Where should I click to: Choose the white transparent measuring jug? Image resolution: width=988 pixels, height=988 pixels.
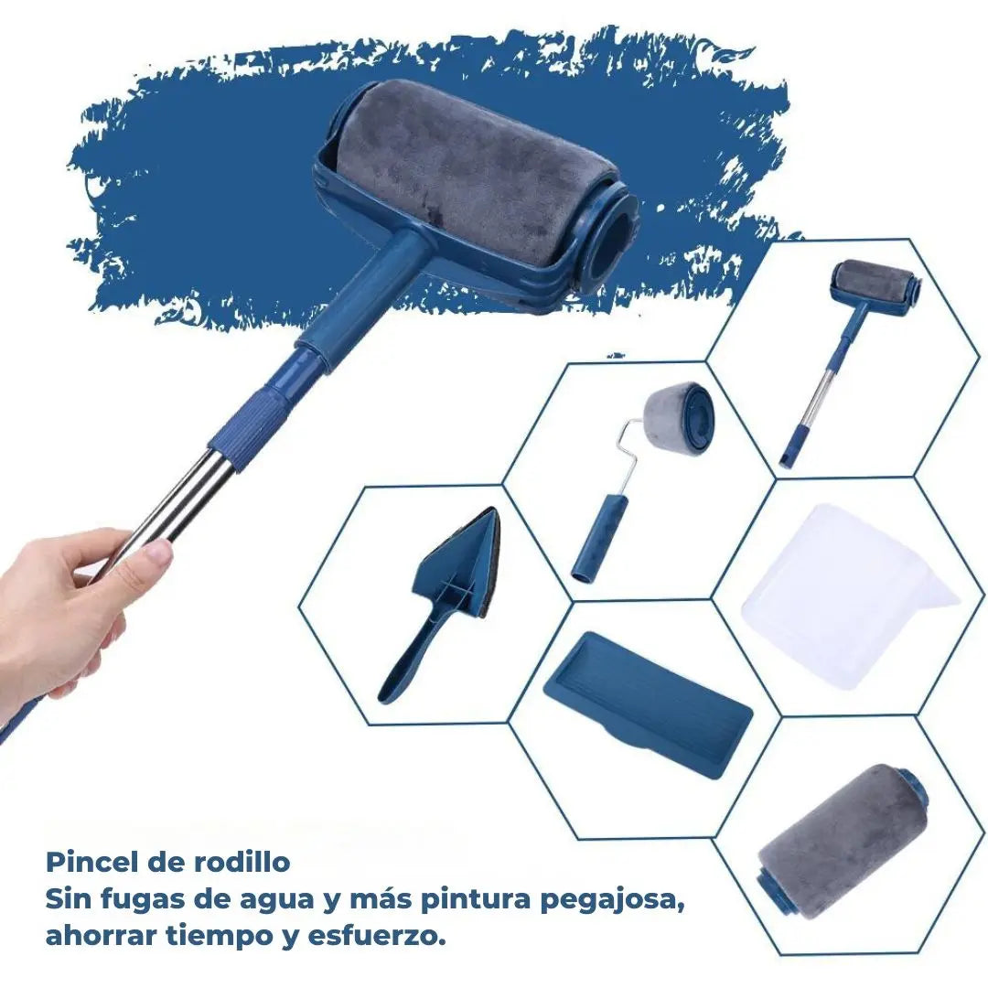click(846, 595)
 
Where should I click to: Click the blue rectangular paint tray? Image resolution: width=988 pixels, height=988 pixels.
click(648, 703)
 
